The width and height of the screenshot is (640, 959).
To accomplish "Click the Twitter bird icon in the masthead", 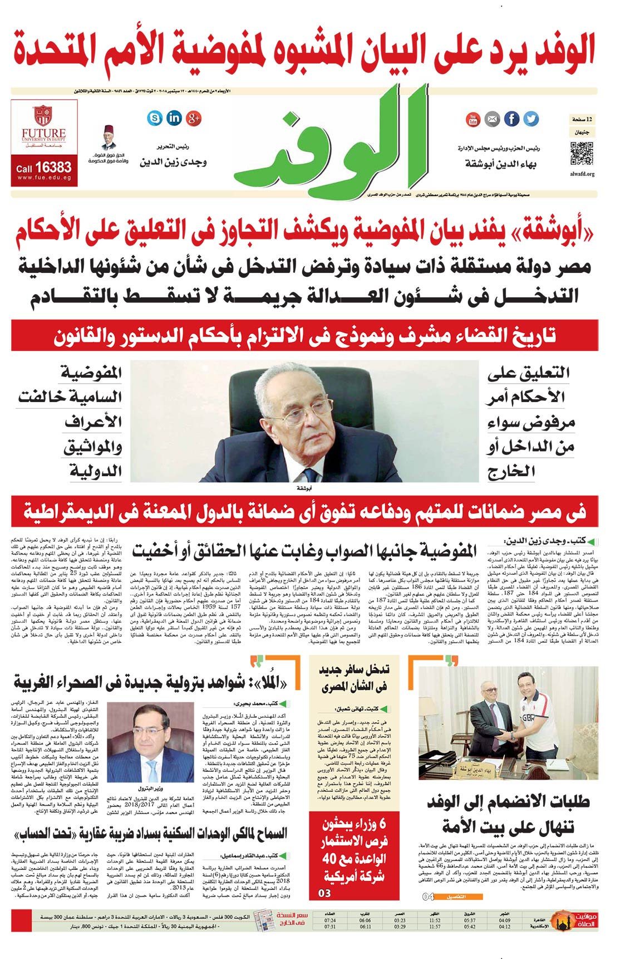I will (x=531, y=119).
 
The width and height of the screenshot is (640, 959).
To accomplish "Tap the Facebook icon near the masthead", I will (x=511, y=119).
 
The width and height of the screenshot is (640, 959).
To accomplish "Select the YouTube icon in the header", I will (x=473, y=119).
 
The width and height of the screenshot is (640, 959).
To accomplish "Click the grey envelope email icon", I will (x=492, y=119).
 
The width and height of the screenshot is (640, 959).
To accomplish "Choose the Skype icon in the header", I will (x=155, y=118).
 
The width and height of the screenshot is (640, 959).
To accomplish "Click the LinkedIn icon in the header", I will (x=174, y=118).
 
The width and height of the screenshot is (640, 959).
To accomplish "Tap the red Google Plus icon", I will (x=194, y=118).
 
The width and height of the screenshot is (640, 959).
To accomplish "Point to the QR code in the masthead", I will (x=582, y=154).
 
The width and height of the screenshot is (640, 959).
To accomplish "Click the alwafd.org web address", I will (x=582, y=174).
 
